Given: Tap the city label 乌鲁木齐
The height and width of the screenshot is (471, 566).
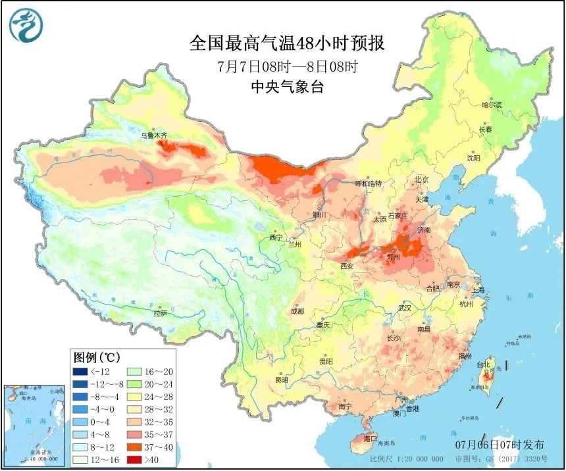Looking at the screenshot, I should click(x=154, y=136).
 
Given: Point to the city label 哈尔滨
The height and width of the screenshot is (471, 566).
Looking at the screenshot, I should click(x=492, y=105).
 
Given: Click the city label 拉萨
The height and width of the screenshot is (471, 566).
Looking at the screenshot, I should click(x=160, y=314).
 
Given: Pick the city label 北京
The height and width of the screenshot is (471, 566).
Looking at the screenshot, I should click(x=421, y=180).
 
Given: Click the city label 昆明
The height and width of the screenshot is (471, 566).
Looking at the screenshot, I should click(x=281, y=380).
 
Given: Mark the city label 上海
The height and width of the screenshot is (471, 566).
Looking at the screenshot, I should click(x=477, y=290).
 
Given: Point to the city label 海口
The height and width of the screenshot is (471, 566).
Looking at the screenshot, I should click(x=371, y=438).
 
